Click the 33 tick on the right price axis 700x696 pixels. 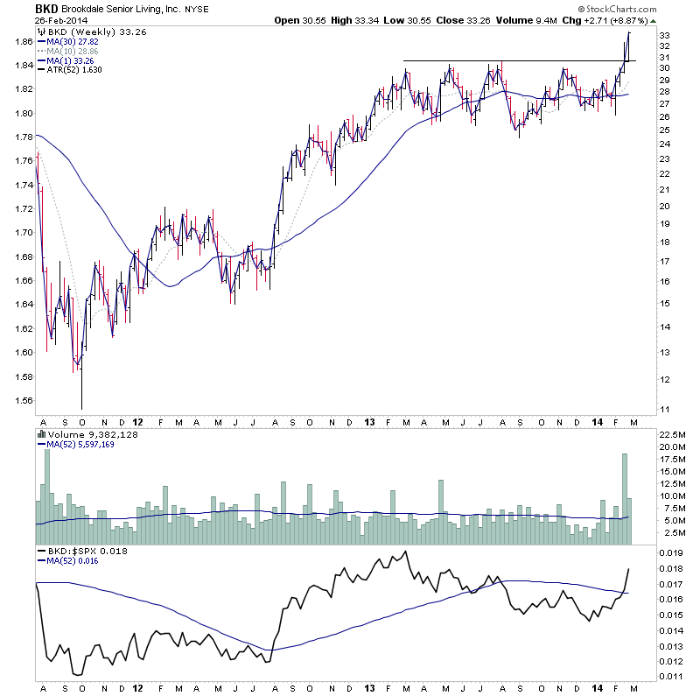point(664,35)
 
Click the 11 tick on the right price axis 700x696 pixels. point(664,409)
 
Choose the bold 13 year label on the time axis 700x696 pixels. point(369,423)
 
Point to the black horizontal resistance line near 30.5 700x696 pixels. point(507,60)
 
